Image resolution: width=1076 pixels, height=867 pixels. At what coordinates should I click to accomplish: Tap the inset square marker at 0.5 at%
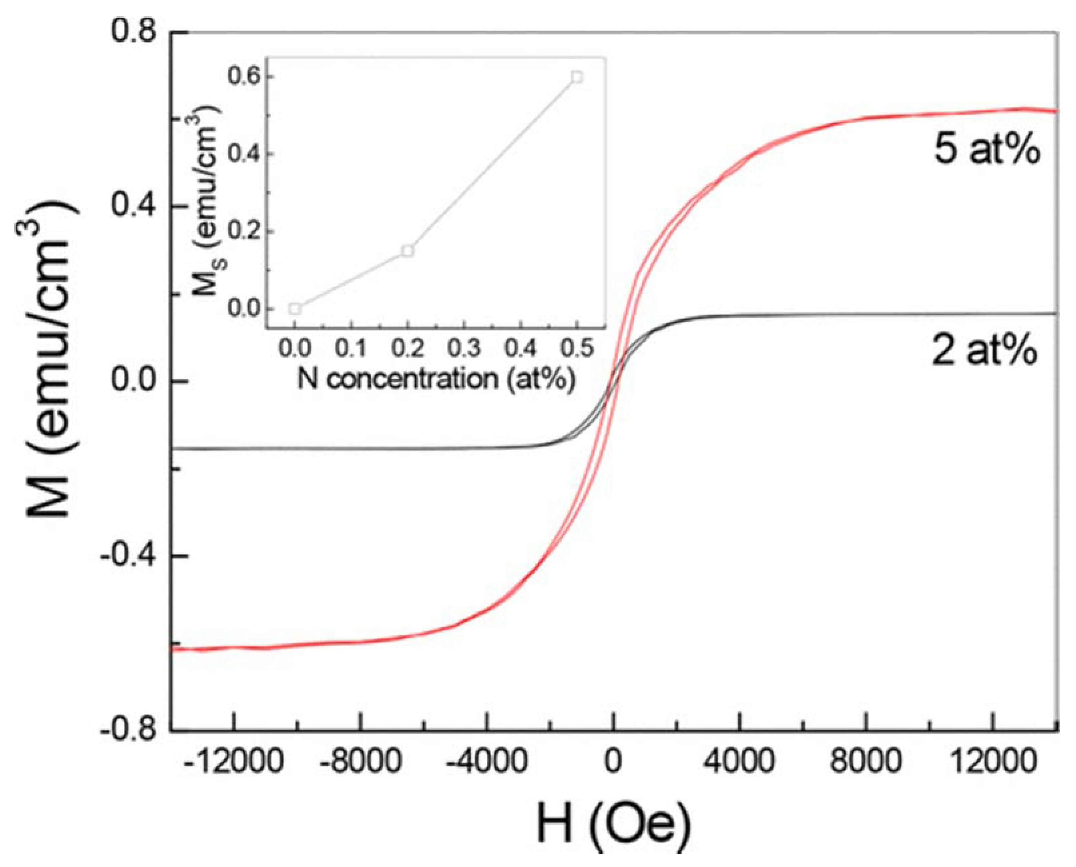point(577,77)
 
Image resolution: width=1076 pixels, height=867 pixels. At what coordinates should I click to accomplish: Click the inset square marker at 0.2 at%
point(408,251)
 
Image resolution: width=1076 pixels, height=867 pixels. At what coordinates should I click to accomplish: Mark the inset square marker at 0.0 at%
point(295,309)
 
